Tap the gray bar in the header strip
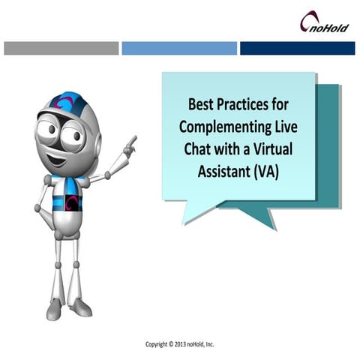pos(61,48)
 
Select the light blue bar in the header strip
pos(178,48)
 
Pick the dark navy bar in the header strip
pos(297,48)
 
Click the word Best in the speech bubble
pos(202,103)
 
